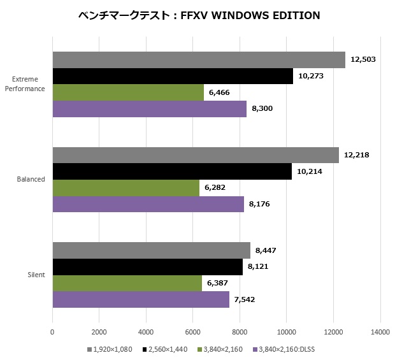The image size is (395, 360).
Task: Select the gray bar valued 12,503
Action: tap(198, 59)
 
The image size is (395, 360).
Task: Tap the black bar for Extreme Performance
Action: tap(173, 76)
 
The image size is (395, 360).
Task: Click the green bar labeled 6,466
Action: tap(128, 92)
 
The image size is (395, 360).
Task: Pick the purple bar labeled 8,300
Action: tap(149, 109)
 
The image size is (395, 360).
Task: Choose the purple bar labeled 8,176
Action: tap(148, 204)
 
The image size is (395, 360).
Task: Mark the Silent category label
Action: tap(36, 275)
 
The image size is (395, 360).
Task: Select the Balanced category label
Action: tap(31, 179)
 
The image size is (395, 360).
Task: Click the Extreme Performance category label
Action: tap(25, 84)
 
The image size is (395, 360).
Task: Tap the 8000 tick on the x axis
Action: tap(240, 331)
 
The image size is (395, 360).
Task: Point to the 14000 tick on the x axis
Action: tap(380, 331)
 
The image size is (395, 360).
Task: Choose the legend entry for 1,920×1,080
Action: tap(112, 349)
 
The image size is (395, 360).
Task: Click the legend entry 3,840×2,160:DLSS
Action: tap(284, 349)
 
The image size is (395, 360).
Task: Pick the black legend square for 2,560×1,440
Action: tap(145, 349)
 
